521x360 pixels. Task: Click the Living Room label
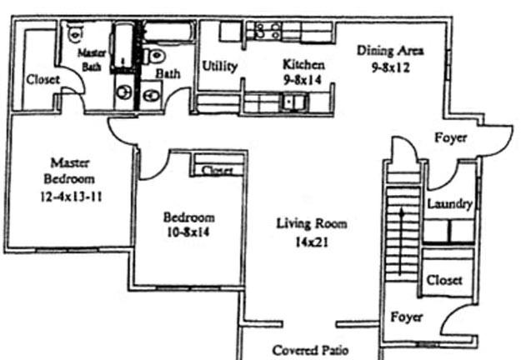(312, 223)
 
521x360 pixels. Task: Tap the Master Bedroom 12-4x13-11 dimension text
(71, 197)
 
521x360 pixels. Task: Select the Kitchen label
(303, 64)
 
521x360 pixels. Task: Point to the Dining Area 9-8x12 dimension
(390, 67)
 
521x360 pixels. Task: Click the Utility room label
(219, 67)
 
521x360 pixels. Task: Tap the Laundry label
(449, 204)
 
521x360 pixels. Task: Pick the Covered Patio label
(310, 350)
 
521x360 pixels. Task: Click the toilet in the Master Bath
(75, 32)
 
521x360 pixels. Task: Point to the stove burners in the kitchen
(268, 30)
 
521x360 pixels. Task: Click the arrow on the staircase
(402, 242)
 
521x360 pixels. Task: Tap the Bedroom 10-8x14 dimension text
(188, 232)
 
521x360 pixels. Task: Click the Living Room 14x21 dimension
(312, 242)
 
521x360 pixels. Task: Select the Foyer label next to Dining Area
(450, 137)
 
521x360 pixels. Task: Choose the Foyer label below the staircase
(406, 317)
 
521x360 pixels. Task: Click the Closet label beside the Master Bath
(43, 80)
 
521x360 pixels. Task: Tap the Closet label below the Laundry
(444, 280)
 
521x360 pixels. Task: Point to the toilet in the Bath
(155, 56)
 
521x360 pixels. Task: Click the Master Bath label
(92, 60)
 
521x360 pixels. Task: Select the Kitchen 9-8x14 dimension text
(303, 80)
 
